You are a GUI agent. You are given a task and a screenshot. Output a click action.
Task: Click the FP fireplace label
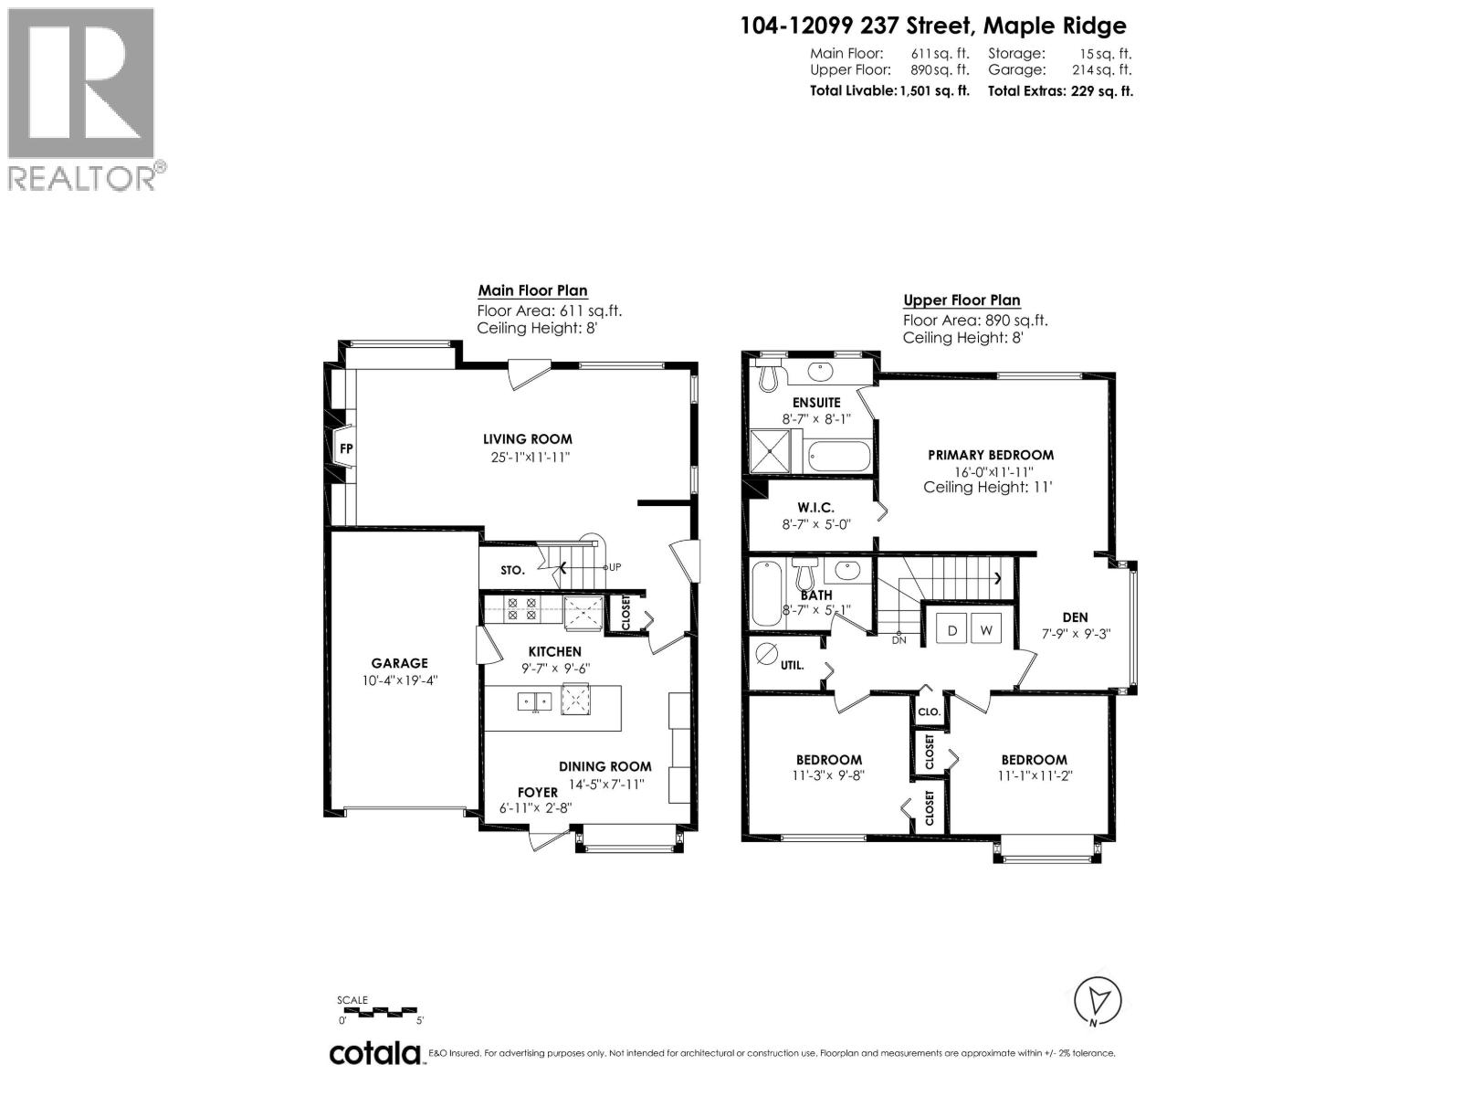pos(346,448)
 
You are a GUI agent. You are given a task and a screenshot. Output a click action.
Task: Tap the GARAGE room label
pos(399,663)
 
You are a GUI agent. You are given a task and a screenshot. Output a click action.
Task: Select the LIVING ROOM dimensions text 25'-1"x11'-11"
pos(530,457)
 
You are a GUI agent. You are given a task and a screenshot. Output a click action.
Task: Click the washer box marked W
pos(986,630)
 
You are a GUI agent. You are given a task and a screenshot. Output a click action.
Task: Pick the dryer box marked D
pos(951,630)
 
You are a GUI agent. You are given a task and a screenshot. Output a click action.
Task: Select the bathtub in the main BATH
pos(763,594)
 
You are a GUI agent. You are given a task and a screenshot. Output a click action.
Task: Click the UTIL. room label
pos(793,665)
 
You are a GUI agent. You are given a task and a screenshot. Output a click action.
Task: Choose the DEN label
pos(1075,617)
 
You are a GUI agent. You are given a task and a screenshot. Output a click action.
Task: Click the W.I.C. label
pos(815,508)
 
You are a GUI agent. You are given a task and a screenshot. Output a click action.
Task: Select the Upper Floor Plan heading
pos(962,300)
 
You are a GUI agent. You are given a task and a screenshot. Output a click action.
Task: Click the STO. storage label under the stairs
pos(512,570)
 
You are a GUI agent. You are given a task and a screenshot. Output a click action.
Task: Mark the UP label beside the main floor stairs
pos(615,567)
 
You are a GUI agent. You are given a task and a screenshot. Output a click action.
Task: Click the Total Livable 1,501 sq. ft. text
pos(889,90)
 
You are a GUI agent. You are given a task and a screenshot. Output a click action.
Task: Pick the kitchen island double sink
pos(534,701)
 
